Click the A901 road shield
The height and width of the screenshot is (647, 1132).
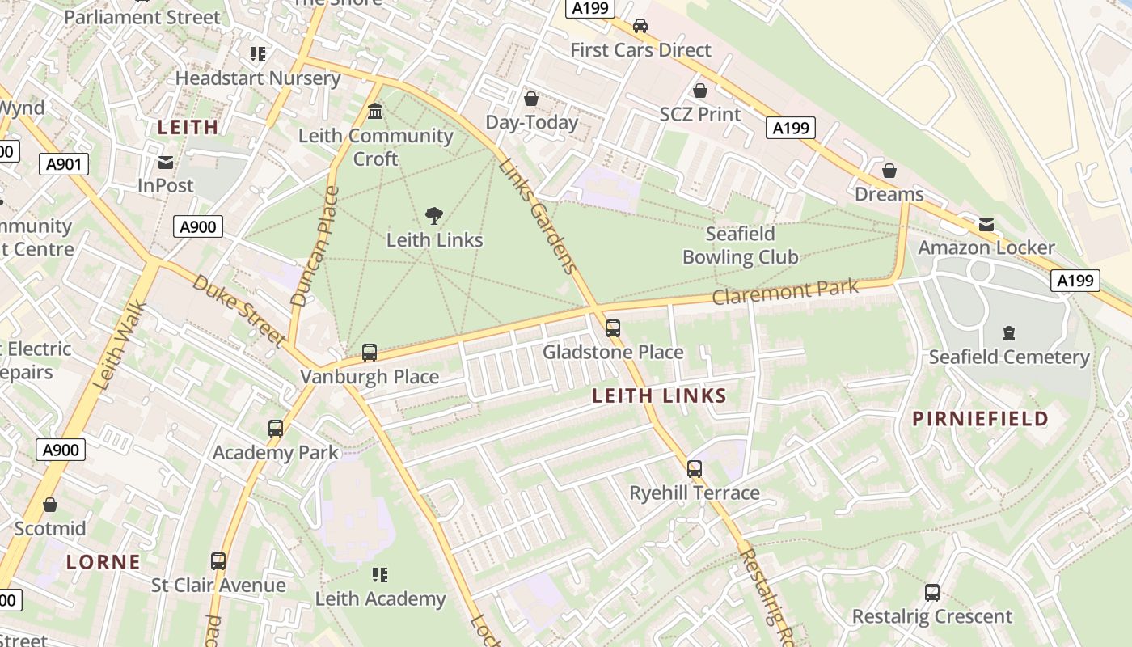[x=64, y=165]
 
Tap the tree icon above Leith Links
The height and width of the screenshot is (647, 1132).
[x=434, y=216]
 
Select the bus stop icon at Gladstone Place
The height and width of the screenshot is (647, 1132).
[x=613, y=328]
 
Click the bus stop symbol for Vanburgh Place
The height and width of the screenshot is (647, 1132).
[x=370, y=353]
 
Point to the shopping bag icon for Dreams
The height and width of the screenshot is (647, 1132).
[x=889, y=171]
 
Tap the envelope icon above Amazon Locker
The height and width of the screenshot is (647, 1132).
[x=986, y=224]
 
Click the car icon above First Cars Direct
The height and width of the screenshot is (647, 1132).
[x=640, y=26]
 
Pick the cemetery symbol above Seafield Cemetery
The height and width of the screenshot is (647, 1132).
[x=1008, y=332]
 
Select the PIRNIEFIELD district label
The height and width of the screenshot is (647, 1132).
[x=980, y=419]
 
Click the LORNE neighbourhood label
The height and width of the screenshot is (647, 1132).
[x=103, y=562]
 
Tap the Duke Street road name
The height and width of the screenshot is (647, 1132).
[x=239, y=311]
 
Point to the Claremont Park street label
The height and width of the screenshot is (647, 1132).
[x=785, y=292]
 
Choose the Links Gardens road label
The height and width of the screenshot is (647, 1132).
[x=538, y=215]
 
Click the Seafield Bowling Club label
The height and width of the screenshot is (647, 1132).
[x=741, y=246]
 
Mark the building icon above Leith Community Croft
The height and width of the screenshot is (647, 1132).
[x=375, y=112]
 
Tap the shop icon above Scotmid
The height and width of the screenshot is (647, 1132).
[x=50, y=505]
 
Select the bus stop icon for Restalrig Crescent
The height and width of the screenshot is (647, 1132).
[x=932, y=593]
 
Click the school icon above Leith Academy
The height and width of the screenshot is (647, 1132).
[x=380, y=575]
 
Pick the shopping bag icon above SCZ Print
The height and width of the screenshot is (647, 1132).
[x=700, y=91]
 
